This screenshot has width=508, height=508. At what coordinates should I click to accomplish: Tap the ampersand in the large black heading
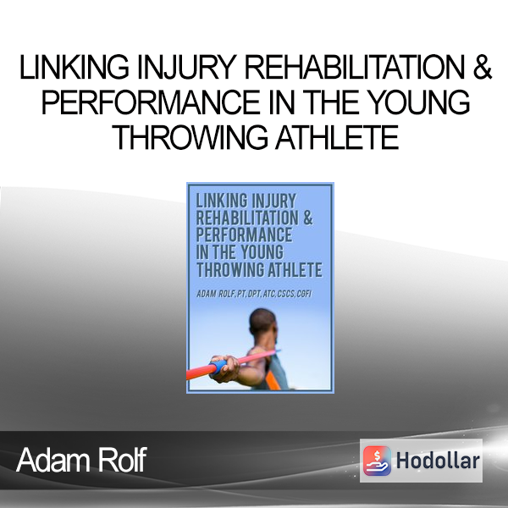(x=482, y=67)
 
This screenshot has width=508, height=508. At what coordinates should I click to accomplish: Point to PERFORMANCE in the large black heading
(x=151, y=102)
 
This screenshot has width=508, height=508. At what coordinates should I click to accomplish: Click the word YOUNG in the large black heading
(x=420, y=102)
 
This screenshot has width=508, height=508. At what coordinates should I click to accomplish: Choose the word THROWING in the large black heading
(x=190, y=137)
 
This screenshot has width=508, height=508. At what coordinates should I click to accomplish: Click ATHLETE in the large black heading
(x=337, y=137)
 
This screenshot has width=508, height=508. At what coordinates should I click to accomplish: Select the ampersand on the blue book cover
(x=308, y=218)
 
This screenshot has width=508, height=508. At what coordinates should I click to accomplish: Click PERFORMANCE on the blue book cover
(x=245, y=235)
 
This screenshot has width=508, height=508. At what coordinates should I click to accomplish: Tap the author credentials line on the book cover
(x=254, y=294)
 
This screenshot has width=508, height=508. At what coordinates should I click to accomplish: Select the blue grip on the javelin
(x=219, y=367)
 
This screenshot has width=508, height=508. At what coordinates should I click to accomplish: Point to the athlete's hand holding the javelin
(x=226, y=368)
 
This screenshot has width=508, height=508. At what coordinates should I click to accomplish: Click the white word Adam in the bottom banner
(x=53, y=460)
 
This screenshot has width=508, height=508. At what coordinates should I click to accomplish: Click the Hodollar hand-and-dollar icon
(x=377, y=461)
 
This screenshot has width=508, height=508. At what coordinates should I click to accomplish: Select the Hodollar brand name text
(x=438, y=461)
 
